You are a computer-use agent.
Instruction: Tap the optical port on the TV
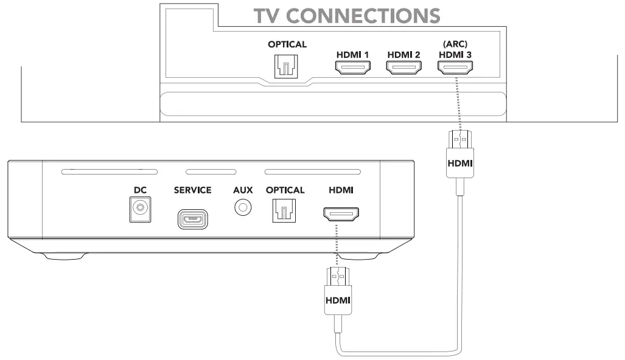tap(287, 64)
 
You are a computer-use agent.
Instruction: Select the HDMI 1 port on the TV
tap(353, 68)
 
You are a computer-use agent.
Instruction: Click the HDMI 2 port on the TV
tap(403, 68)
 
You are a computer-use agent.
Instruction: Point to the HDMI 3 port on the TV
tap(455, 68)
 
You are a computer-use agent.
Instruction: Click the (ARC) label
tap(455, 44)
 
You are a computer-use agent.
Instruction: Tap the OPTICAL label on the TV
tap(287, 44)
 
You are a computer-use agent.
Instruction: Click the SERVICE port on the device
tap(192, 219)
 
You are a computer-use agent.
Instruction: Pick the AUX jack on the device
tap(243, 208)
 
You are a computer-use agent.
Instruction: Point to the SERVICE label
tap(192, 190)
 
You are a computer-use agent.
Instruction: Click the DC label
tap(141, 190)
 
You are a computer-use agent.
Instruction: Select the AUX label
tap(243, 190)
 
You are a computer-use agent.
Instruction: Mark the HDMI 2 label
tap(403, 55)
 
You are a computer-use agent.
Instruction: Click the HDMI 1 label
tap(353, 55)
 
